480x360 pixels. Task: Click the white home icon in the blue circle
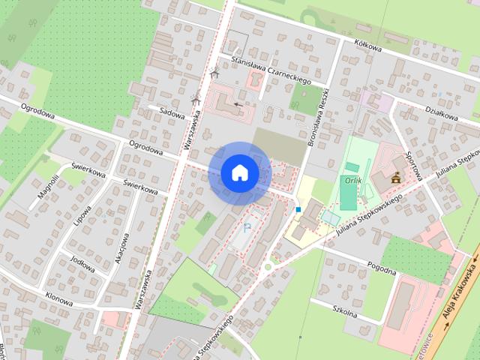tap(239, 172)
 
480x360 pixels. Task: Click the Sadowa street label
tap(172, 112)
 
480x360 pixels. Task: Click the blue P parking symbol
tap(248, 226)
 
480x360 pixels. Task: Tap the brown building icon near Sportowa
tap(396, 178)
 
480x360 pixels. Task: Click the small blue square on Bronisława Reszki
tap(298, 209)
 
